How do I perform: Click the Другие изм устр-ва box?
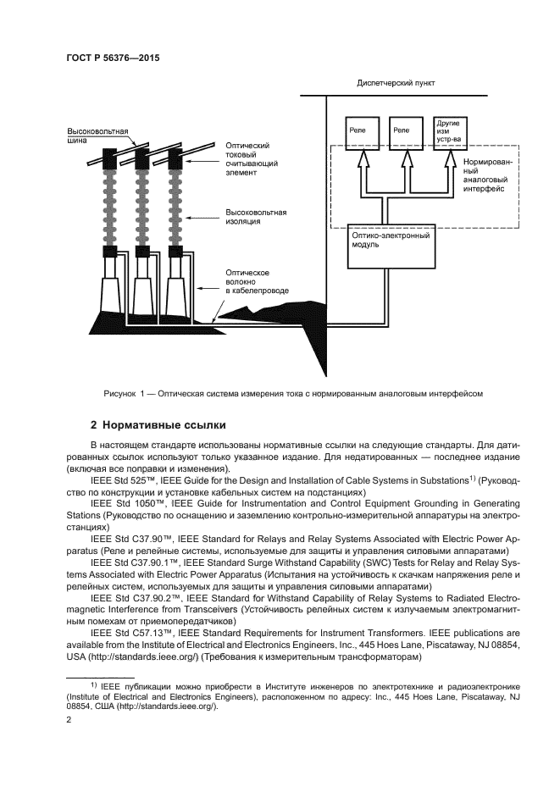point(448,134)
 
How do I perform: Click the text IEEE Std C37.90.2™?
point(131,596)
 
